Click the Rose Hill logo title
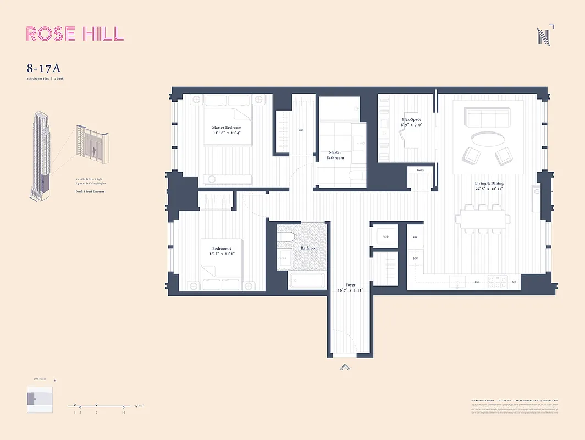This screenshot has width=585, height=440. pyautogui.click(x=75, y=34)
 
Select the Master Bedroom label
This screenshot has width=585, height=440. pyautogui.click(x=227, y=130)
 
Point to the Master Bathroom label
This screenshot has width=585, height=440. pyautogui.click(x=335, y=155)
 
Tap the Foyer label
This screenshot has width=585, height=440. pyautogui.click(x=350, y=288)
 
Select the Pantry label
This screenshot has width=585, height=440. pyautogui.click(x=420, y=170)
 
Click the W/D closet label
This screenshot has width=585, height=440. pyautogui.click(x=385, y=237)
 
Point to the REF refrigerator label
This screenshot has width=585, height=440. pyautogui.click(x=416, y=237)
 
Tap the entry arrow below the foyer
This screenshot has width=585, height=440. pyautogui.click(x=344, y=367)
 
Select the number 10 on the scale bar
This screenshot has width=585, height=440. pyautogui.click(x=124, y=412)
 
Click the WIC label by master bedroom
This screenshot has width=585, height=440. pyautogui.click(x=301, y=130)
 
